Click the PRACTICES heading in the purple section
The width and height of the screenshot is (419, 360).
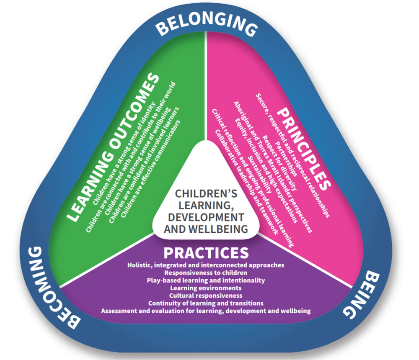(206, 253)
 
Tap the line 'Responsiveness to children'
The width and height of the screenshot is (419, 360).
(206, 273)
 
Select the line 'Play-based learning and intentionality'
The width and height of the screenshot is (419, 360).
(206, 280)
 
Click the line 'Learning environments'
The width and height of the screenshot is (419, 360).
(206, 288)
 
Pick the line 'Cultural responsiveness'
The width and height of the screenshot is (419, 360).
(206, 296)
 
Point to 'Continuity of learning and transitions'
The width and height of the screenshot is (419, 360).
(206, 303)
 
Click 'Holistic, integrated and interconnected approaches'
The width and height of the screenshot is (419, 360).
(206, 265)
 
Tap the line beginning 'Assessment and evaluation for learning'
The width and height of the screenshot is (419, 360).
(206, 311)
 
